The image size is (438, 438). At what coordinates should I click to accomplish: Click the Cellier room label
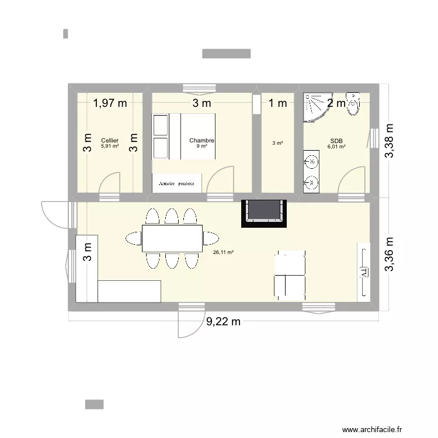(109, 141)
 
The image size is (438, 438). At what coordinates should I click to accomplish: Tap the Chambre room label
(202, 141)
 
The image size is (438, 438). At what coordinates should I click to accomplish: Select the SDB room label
(336, 141)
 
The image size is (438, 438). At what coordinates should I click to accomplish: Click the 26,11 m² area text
(224, 252)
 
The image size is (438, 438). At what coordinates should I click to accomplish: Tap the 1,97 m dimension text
(110, 103)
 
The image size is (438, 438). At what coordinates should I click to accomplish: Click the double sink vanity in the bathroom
(311, 171)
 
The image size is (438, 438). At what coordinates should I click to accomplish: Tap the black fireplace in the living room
(265, 213)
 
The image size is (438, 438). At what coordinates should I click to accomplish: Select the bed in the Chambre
(185, 136)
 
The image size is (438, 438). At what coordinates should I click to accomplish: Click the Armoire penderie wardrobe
(177, 182)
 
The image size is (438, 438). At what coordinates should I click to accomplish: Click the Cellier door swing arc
(111, 182)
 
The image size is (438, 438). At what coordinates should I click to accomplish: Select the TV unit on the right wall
(364, 270)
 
